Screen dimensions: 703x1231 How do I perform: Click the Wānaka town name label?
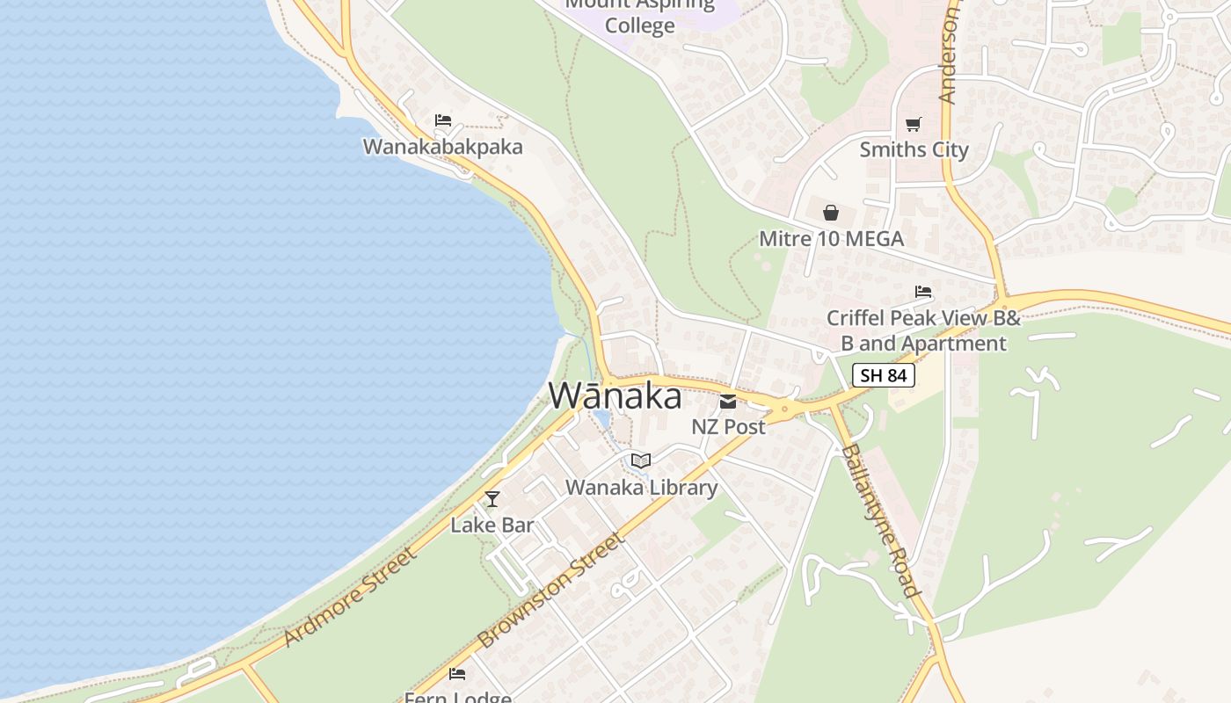tap(615, 396)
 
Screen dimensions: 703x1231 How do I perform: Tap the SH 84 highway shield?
tap(884, 376)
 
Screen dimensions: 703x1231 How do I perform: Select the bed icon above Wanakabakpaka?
tap(443, 120)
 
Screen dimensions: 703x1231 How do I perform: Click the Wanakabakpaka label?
tap(442, 147)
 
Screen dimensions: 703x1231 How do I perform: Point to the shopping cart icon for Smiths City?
tap(914, 125)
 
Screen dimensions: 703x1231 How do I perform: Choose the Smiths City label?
tap(914, 149)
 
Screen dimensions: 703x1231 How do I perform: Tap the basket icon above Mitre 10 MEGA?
tap(830, 213)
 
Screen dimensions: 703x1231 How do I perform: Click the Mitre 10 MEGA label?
tap(831, 238)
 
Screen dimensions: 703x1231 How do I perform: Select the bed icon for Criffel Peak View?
tap(922, 292)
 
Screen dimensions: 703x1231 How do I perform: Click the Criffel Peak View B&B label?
tap(923, 330)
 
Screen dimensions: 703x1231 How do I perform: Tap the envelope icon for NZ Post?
tap(728, 402)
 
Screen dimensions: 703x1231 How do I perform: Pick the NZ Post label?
tap(728, 427)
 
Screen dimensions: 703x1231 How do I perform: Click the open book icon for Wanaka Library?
tap(641, 461)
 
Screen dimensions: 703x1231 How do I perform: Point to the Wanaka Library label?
tap(641, 487)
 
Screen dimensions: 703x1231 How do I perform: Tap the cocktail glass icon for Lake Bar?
tap(492, 499)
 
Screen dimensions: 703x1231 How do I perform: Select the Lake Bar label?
tap(492, 525)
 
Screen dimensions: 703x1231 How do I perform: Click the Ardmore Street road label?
tap(350, 598)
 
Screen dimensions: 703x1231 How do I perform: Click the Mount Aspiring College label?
tap(640, 16)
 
